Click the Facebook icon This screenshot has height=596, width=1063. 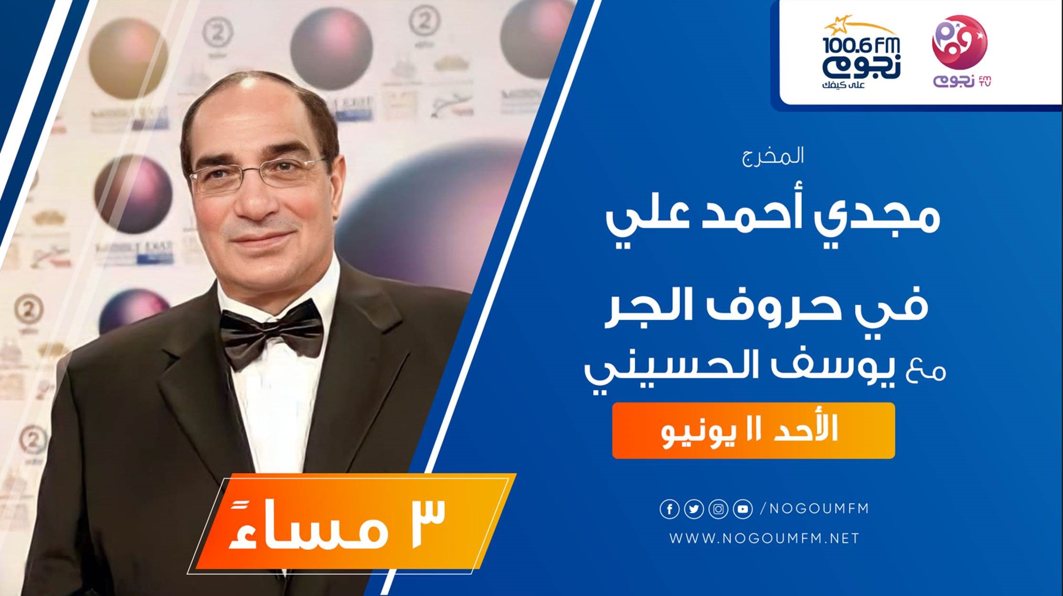(x=670, y=510)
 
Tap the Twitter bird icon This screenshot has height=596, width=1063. (x=694, y=510)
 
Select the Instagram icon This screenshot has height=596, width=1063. (x=718, y=510)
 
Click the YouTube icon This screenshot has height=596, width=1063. (x=743, y=510)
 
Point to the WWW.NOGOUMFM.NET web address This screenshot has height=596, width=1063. (x=764, y=539)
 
